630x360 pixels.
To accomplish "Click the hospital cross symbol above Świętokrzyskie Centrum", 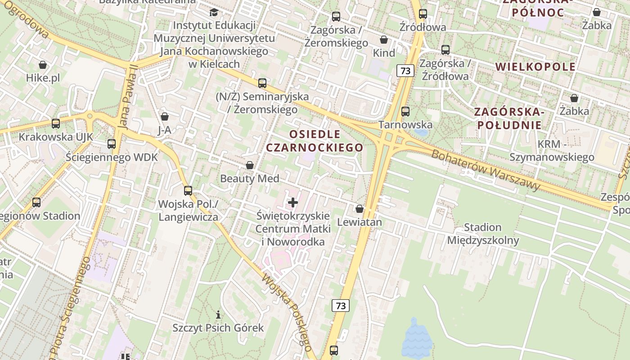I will coord(293,202).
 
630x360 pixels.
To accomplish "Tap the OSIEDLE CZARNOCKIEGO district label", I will coord(315,141).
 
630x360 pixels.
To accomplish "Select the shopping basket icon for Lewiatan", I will coord(359,209).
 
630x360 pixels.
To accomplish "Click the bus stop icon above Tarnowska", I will coord(405,111).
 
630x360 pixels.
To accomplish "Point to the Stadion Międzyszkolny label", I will coord(483,234).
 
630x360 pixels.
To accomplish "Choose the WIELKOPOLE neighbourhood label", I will coord(535,67).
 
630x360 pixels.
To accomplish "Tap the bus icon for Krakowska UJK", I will coord(56,123).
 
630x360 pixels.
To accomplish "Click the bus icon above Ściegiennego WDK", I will coord(112,144).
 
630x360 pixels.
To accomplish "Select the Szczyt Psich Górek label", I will coord(218,328).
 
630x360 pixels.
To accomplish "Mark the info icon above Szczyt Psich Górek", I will coord(218,314).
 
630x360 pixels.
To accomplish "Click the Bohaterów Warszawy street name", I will coord(486,170).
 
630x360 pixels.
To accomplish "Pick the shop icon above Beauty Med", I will coord(250,165).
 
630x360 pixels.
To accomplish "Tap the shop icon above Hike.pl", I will coord(43,65).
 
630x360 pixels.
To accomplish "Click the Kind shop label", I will coord(384,53).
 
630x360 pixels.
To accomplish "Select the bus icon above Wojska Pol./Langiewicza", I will coord(188,190).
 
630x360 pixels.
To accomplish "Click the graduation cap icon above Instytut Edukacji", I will coord(214,12).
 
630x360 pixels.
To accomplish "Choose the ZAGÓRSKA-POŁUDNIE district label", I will coord(509,118).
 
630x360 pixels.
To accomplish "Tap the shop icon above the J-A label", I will coord(165,117).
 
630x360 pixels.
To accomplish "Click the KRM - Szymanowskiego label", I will coord(552,150).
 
